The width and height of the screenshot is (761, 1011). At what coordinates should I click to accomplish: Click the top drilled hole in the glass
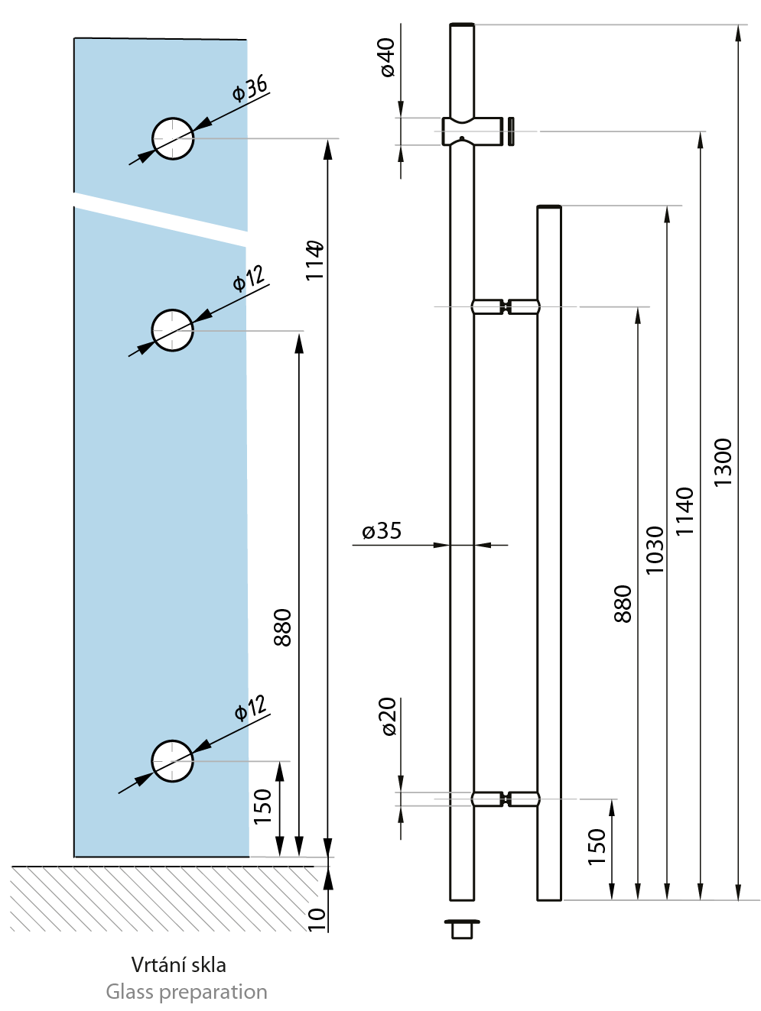coord(173,138)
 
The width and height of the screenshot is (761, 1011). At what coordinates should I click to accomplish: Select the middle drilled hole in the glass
coord(173,330)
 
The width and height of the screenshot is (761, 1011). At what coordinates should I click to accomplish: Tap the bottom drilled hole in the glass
coord(173,761)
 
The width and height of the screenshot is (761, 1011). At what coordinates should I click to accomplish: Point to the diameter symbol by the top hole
coord(239,94)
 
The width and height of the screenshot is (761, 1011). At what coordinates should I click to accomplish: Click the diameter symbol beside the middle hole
coord(239,284)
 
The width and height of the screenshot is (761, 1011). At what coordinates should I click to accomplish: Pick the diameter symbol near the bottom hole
coord(240,714)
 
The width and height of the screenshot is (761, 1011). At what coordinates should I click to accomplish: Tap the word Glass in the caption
coord(129,992)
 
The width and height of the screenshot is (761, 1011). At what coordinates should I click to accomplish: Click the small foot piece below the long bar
coord(462,928)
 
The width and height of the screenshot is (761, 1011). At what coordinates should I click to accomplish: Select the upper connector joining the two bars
coord(505,307)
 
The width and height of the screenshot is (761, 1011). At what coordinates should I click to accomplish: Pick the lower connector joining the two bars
coord(505,800)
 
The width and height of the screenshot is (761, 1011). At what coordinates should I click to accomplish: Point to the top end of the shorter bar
coord(549,208)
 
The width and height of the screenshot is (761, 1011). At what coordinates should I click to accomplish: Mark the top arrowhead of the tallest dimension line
coord(738,31)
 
